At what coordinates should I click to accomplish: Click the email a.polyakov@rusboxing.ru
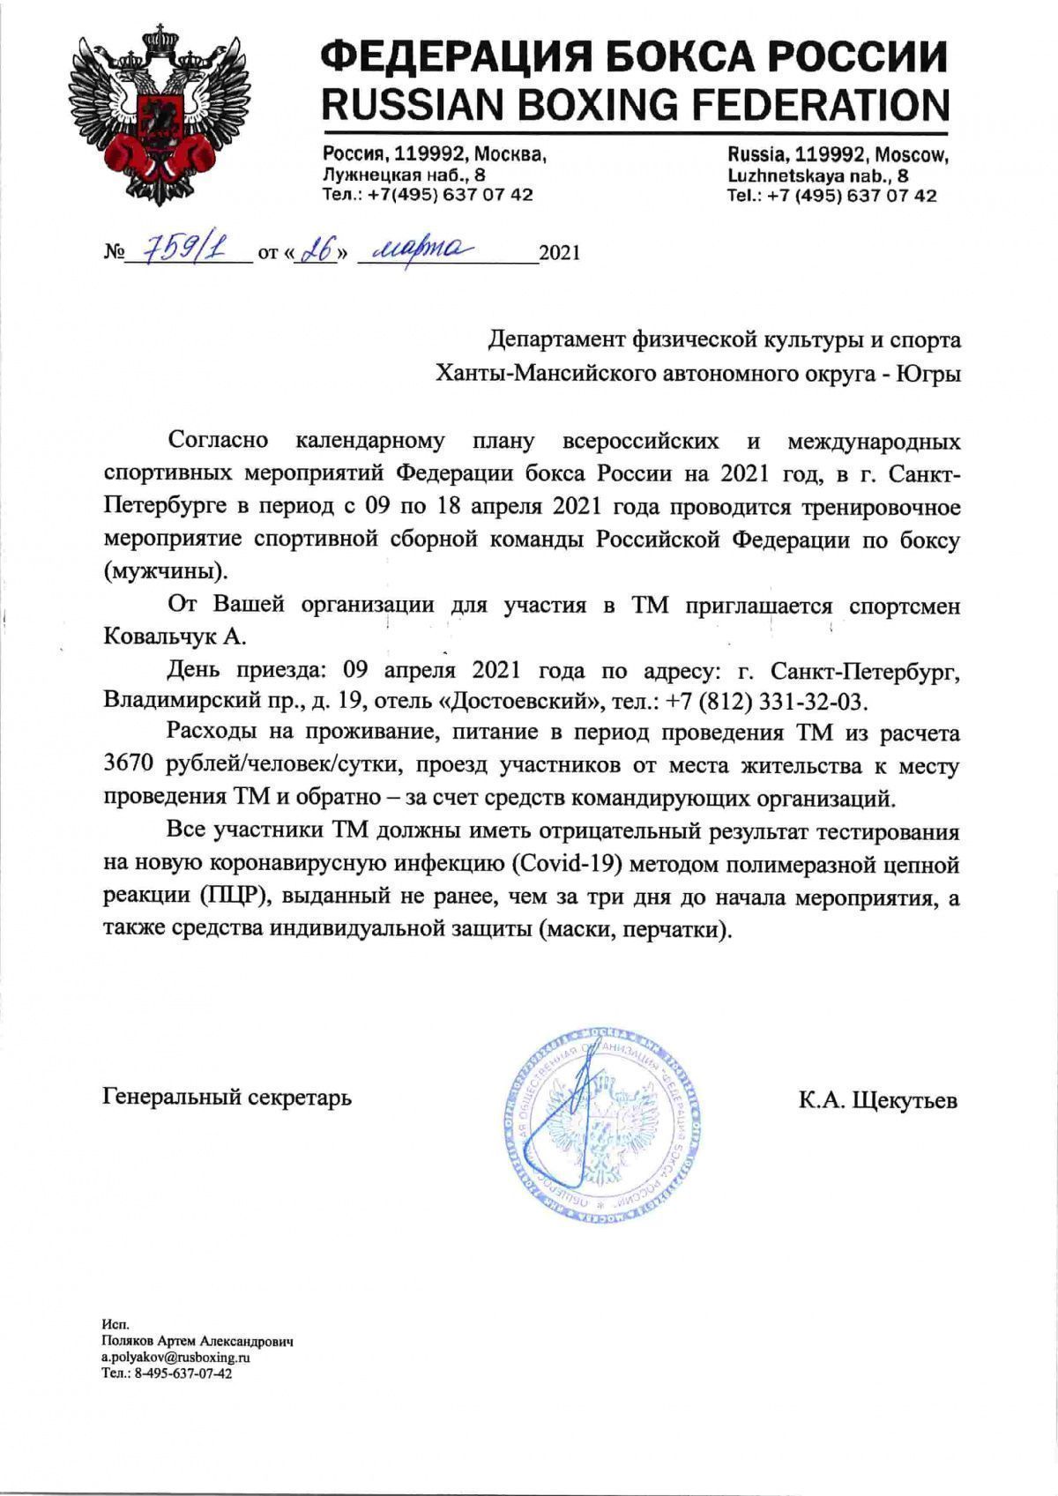[x=176, y=1358]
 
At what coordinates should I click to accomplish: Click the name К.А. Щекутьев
[x=878, y=1100]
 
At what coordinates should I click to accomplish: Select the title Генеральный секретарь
[x=227, y=1098]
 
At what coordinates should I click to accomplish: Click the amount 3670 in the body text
[x=132, y=766]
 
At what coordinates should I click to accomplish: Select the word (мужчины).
[x=165, y=570]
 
